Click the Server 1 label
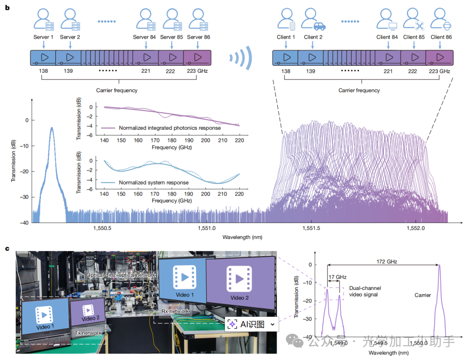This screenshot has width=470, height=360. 44,37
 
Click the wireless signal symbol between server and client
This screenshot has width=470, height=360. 242,58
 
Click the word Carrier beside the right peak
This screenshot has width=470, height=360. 423,295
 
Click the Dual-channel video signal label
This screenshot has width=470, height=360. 364,292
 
